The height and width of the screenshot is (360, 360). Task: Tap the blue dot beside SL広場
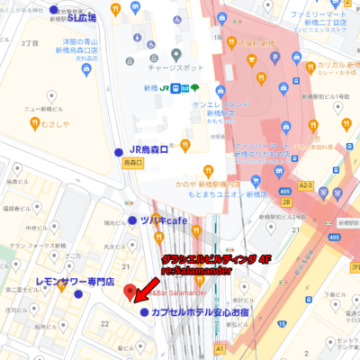pyautogui.click(x=53, y=10)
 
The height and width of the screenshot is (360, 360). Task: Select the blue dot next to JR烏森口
pyautogui.click(x=119, y=151)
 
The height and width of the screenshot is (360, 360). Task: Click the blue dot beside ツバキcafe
pyautogui.click(x=131, y=220)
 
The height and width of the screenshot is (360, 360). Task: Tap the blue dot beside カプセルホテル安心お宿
pyautogui.click(x=145, y=311)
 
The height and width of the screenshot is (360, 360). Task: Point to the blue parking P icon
pyautogui.click(x=274, y=56)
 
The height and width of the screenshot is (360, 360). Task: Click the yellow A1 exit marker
pyautogui.click(x=219, y=346)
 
